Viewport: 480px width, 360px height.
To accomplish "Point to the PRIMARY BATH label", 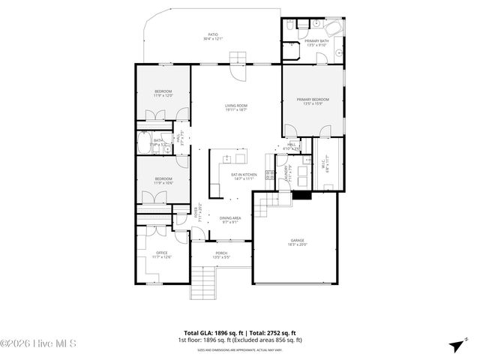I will point(316,42).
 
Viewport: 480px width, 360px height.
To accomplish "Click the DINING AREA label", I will point(229,219).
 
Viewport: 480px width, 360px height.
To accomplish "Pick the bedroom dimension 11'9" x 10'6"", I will point(163,183).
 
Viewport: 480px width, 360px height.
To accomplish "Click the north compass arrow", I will point(455,344).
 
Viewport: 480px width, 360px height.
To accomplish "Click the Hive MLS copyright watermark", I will point(39,344).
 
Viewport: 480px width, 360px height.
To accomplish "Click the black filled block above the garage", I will point(301,195).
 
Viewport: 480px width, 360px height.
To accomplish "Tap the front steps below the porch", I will point(203,283).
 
